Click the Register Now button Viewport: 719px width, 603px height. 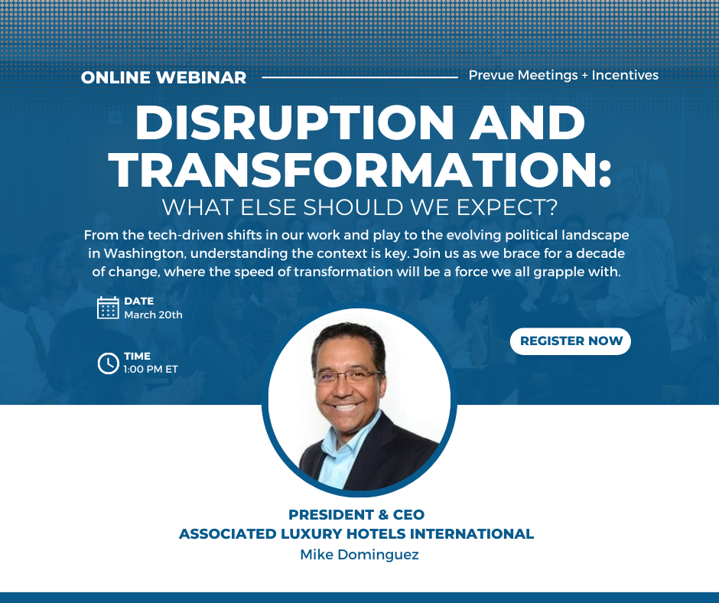(571, 341)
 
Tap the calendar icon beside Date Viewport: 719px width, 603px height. (108, 308)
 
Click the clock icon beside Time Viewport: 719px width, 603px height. (108, 363)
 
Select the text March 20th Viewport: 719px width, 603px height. (153, 315)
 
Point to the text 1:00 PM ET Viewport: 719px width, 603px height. (150, 369)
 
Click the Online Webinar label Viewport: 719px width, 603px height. (164, 77)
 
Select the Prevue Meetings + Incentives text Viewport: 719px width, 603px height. (563, 75)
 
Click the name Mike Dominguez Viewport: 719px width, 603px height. (359, 555)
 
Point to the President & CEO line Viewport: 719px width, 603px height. (356, 515)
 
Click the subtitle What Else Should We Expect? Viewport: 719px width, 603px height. (359, 207)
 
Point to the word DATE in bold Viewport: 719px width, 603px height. (138, 301)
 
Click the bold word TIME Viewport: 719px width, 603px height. (137, 357)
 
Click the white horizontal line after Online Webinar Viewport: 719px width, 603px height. (359, 77)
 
